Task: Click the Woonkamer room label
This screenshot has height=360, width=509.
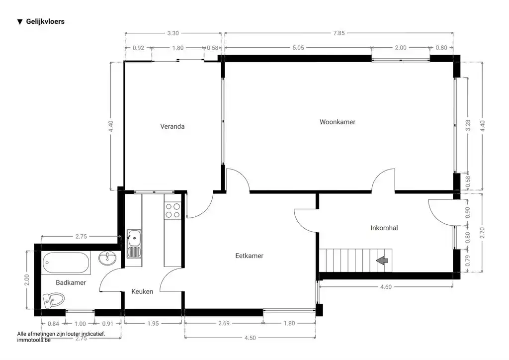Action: pyautogui.click(x=338, y=122)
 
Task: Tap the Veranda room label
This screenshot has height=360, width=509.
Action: pyautogui.click(x=172, y=126)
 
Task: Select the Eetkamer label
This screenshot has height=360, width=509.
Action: pyautogui.click(x=249, y=256)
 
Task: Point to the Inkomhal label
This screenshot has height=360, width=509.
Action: pyautogui.click(x=384, y=228)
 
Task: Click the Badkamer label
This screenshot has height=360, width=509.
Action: pyautogui.click(x=71, y=282)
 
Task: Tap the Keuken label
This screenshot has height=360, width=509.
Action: pyautogui.click(x=142, y=292)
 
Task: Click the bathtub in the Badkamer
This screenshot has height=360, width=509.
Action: pyautogui.click(x=67, y=263)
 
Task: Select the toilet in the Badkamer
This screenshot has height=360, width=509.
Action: pyautogui.click(x=54, y=299)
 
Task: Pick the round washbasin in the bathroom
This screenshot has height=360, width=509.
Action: pyautogui.click(x=108, y=258)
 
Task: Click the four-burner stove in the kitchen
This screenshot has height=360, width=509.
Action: pyautogui.click(x=173, y=210)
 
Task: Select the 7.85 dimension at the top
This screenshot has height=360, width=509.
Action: pyautogui.click(x=339, y=33)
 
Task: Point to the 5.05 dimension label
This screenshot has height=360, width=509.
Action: pyautogui.click(x=298, y=48)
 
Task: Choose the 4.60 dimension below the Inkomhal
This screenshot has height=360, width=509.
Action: pyautogui.click(x=386, y=287)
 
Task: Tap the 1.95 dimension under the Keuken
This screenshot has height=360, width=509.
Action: pyautogui.click(x=154, y=323)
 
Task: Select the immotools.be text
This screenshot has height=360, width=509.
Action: pyautogui.click(x=34, y=341)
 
